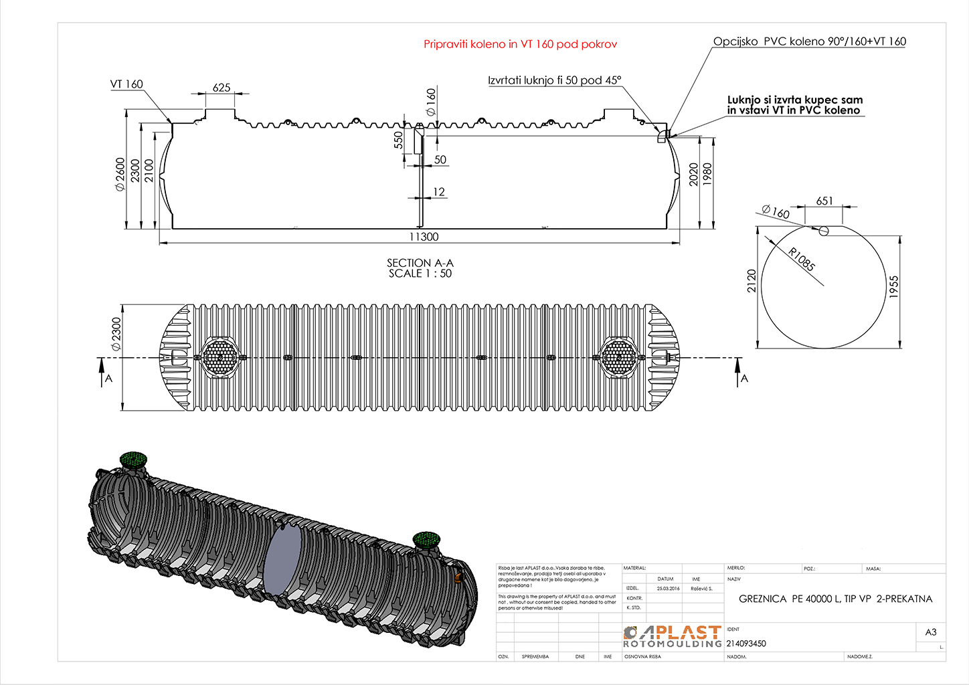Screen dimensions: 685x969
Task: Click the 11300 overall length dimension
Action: pos(424,237)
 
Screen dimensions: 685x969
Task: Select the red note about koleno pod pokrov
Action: pos(520,44)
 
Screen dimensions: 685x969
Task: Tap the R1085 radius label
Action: pos(801,260)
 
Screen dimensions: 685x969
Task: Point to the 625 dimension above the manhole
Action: pos(222,88)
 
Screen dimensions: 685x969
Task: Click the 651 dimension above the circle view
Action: pos(824,201)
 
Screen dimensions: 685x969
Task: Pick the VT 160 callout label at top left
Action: pos(126,84)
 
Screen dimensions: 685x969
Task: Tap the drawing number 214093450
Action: pos(746,644)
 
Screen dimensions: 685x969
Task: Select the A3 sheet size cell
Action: pos(930,632)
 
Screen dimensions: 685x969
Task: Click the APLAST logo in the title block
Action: pos(673,636)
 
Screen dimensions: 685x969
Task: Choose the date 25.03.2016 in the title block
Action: pos(668,589)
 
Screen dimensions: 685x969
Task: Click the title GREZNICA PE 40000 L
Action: pos(835,599)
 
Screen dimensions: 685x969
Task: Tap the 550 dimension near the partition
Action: pos(399,140)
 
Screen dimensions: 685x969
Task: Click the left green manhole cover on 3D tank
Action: pos(133,460)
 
